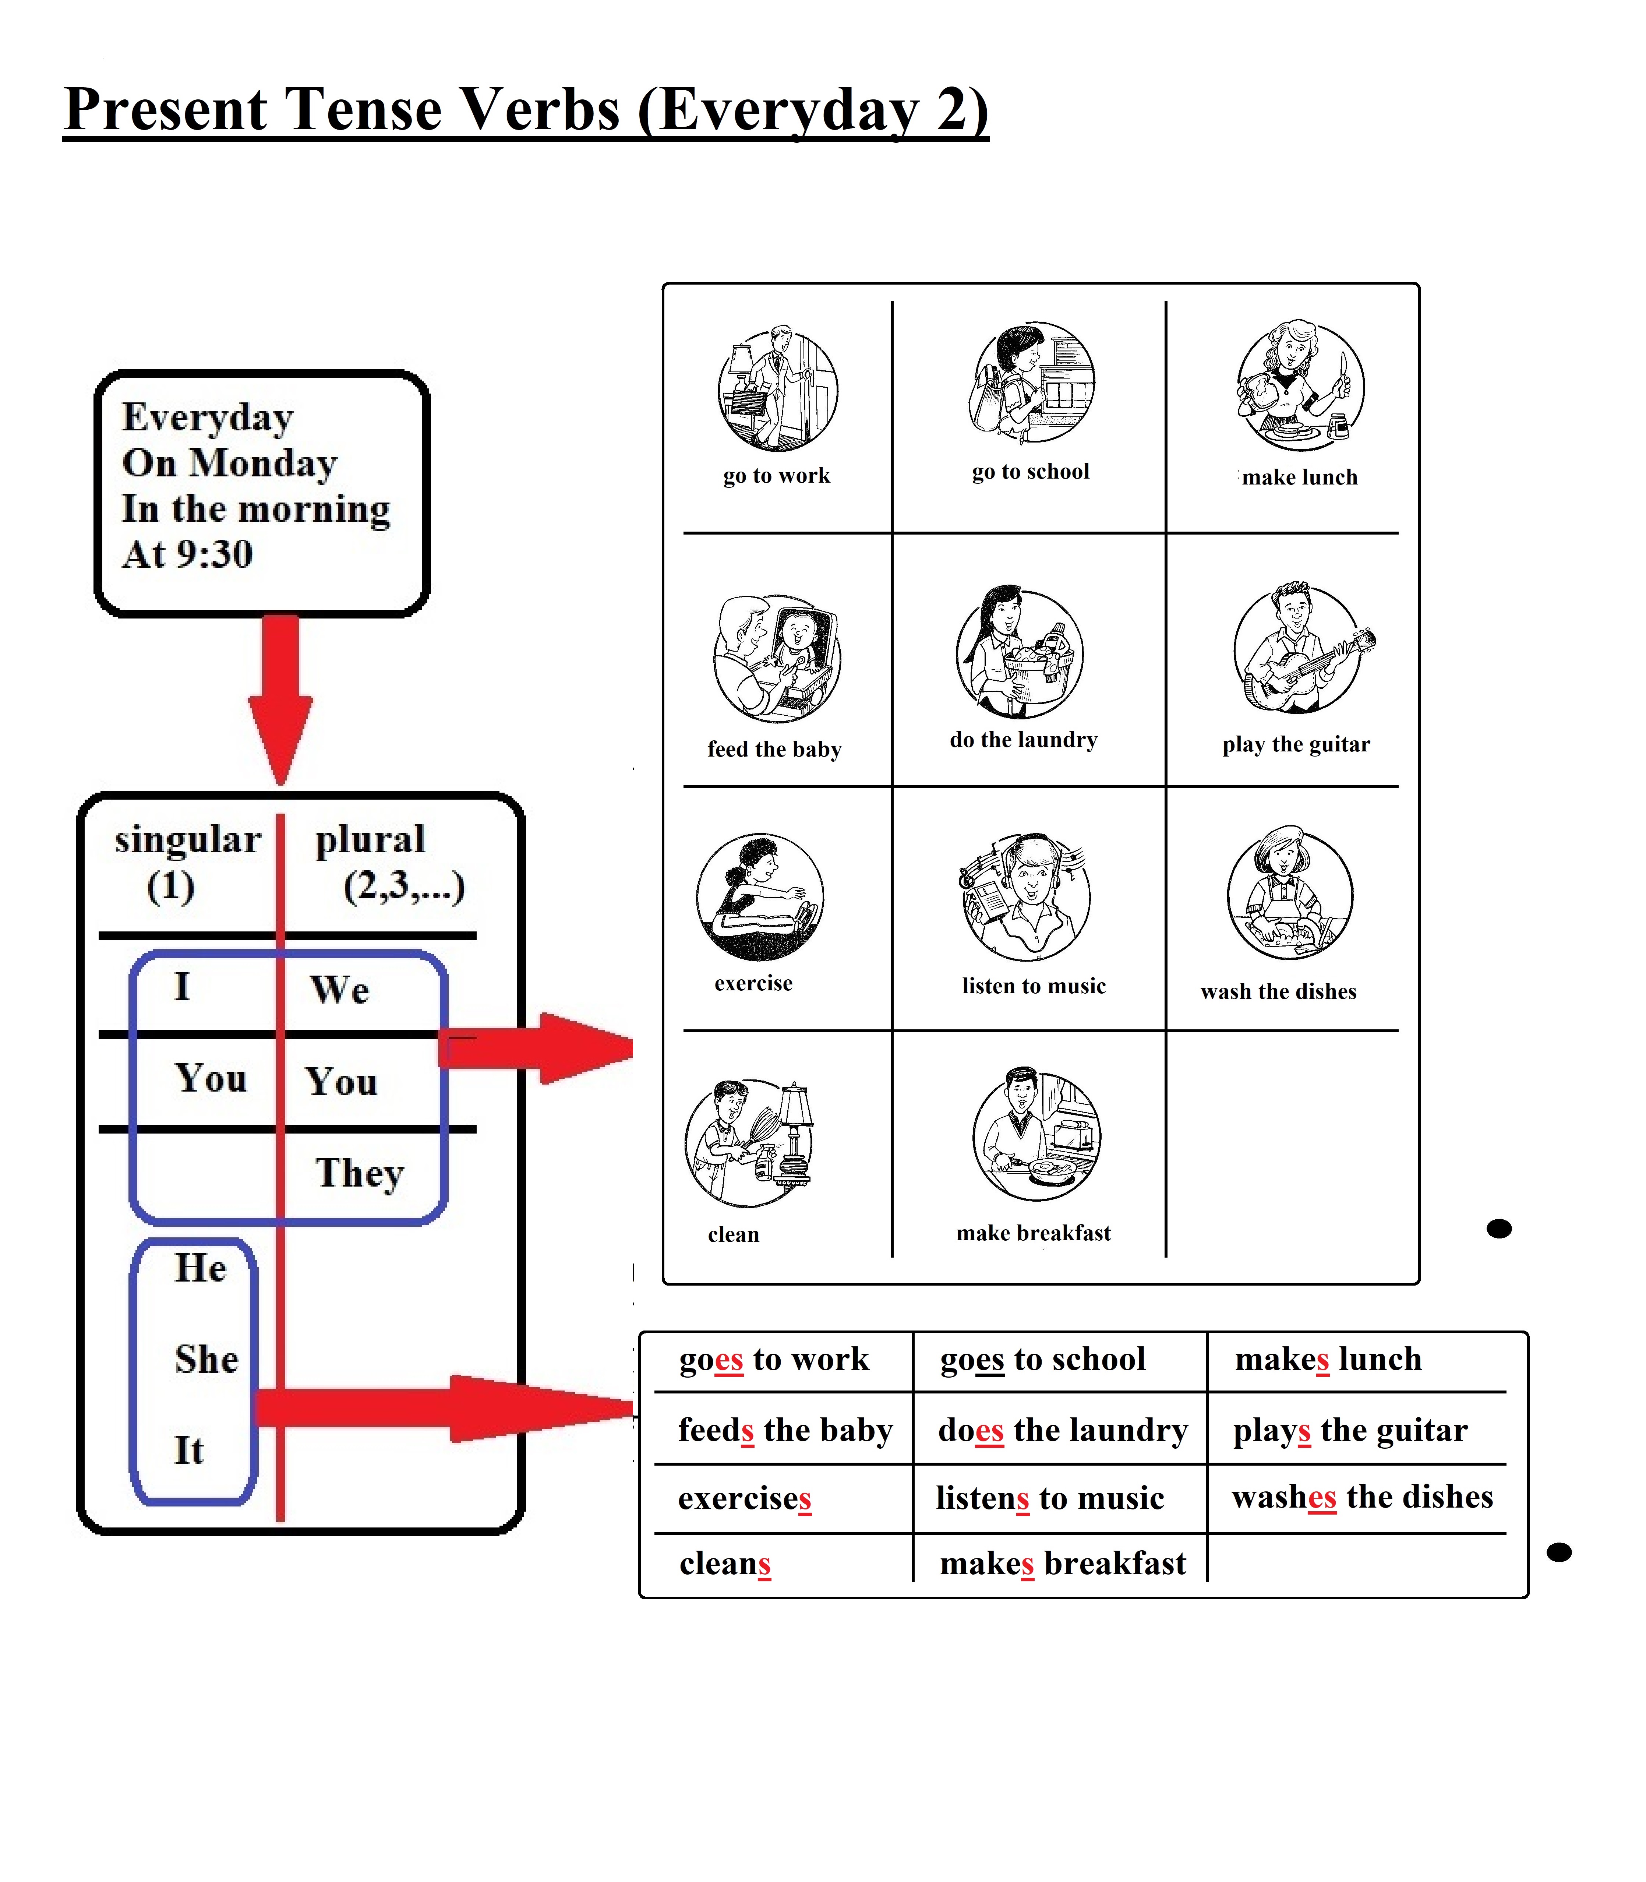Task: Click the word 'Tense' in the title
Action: (363, 110)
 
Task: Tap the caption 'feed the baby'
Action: (774, 750)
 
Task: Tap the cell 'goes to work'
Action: (773, 1359)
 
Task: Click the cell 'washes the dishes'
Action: (1362, 1497)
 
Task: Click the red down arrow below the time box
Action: (280, 698)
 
